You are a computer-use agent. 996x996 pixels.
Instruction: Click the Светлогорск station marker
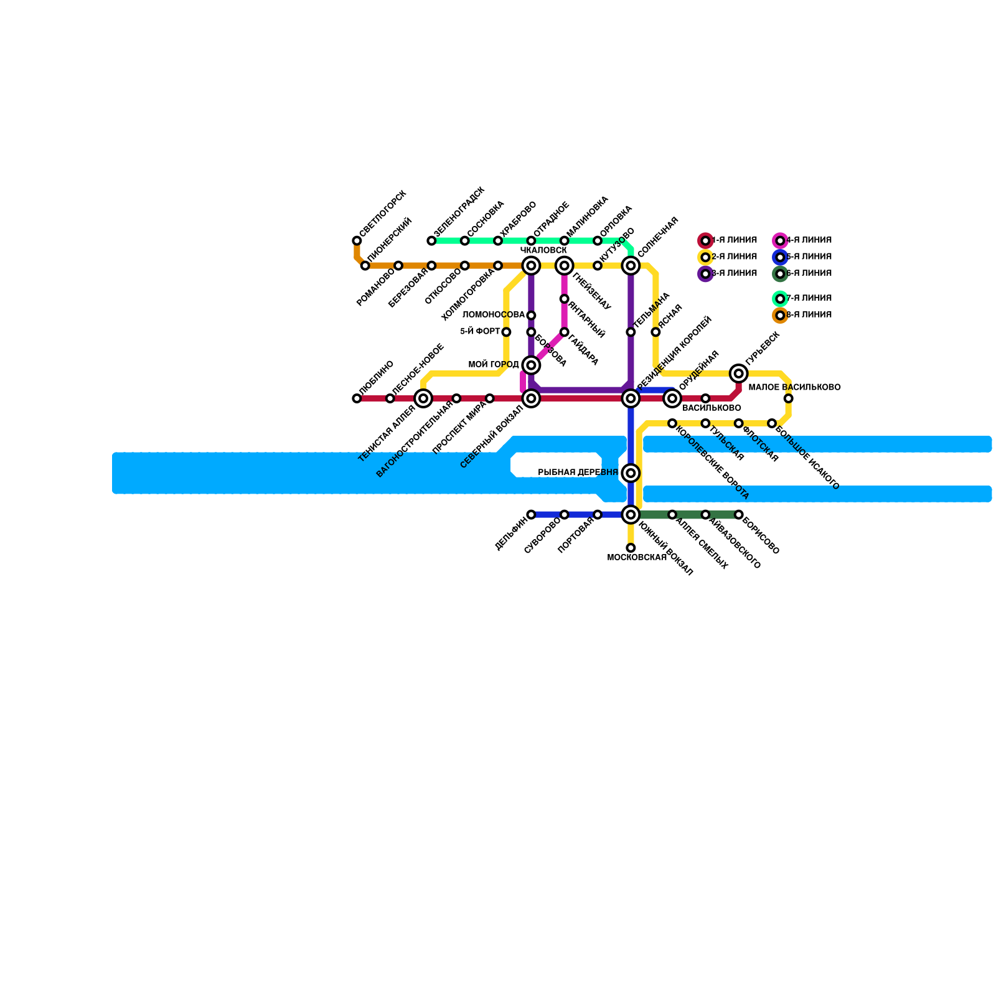[x=357, y=241]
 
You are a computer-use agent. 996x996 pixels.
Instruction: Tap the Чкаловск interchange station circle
[x=531, y=266]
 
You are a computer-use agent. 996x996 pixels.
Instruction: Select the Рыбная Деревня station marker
[x=631, y=473]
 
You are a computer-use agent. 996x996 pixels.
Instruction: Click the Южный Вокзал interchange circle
[x=631, y=515]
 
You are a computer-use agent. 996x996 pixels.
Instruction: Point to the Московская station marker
[x=631, y=548]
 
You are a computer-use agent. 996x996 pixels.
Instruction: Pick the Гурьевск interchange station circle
[x=738, y=374]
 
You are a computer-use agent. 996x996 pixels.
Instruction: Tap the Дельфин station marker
[x=531, y=515]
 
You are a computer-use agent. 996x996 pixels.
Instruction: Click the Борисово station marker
[x=738, y=515]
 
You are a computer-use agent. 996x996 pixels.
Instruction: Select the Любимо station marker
[x=357, y=398]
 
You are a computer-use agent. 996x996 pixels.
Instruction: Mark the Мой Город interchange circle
[x=531, y=365]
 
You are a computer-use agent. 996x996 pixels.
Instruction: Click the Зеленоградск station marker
[x=431, y=241]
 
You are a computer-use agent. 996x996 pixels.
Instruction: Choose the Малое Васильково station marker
[x=788, y=398]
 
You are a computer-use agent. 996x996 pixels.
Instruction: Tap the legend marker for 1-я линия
[x=705, y=241]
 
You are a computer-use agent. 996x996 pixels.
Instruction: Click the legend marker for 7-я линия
[x=780, y=299]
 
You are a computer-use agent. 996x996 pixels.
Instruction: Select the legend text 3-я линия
[x=734, y=273]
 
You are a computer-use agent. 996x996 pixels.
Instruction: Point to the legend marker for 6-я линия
[x=780, y=274]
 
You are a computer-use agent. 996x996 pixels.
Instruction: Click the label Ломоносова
[x=494, y=315]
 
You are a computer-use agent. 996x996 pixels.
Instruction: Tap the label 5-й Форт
[x=480, y=332]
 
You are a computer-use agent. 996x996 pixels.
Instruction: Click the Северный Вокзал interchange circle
[x=531, y=398]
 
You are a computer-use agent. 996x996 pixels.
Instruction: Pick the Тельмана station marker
[x=631, y=332]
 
